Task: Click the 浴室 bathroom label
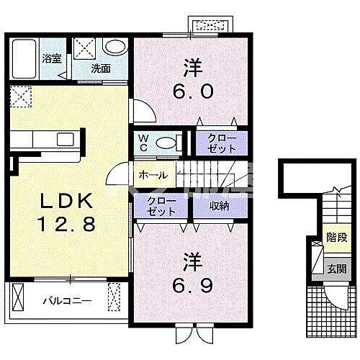point(52,59)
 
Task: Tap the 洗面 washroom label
point(101,69)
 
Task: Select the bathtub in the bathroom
point(24,59)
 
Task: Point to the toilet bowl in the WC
point(166,143)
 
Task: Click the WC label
point(143,143)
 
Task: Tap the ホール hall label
point(153,175)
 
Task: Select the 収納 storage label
point(220,206)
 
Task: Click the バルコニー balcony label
point(68,301)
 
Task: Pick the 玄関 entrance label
point(337,269)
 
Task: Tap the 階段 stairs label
point(337,238)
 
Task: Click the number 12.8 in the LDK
point(67,224)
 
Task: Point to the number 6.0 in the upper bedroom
point(193,91)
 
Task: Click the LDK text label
point(67,200)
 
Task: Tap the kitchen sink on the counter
point(66,139)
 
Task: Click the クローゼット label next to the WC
point(222,143)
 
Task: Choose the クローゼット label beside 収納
point(161,206)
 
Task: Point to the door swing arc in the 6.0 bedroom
point(149,108)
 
